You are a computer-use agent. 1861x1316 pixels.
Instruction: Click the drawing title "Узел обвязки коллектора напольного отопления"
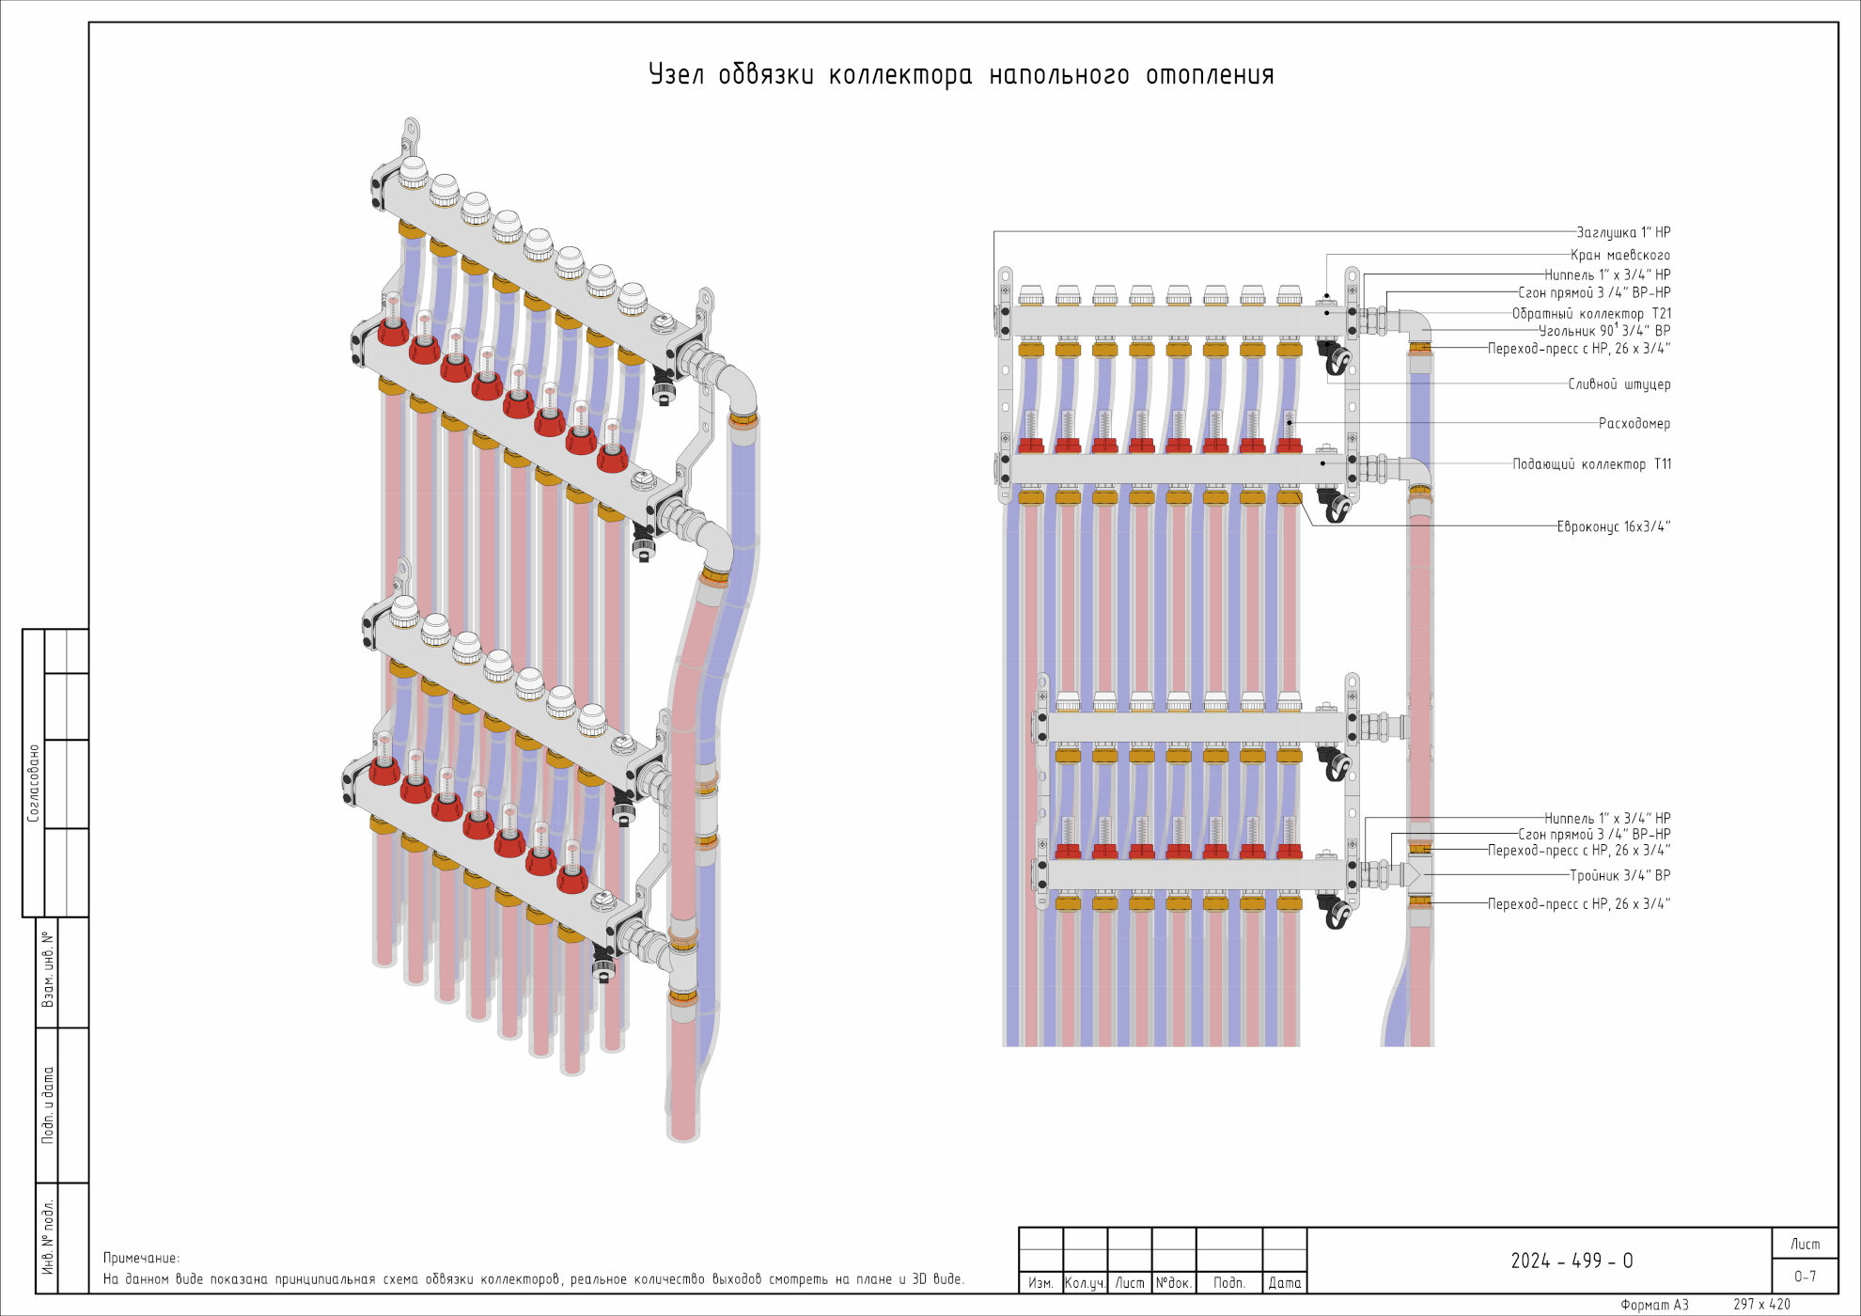pos(961,74)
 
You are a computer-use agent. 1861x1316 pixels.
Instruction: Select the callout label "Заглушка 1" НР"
pos(1623,232)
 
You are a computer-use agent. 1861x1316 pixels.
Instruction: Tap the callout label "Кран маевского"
pos(1620,255)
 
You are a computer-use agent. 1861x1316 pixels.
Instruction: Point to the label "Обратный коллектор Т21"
pos(1591,313)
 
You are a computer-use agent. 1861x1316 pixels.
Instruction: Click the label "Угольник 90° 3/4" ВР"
pos(1604,331)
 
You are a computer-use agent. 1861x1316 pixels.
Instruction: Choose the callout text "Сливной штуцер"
pos(1619,384)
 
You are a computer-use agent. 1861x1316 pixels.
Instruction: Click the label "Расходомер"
pos(1634,423)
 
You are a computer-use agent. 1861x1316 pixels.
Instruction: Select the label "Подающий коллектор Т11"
pos(1591,464)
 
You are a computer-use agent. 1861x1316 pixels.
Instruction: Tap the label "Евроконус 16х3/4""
pos(1613,526)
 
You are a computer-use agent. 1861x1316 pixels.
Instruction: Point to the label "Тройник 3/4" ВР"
pos(1619,875)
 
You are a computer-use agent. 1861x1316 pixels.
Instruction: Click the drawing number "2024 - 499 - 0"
pos(1572,1261)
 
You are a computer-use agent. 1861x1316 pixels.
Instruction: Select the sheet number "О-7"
pos(1805,1277)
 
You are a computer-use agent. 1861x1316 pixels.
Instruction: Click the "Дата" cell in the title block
pos(1284,1282)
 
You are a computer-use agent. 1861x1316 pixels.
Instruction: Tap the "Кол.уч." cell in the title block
pos(1085,1282)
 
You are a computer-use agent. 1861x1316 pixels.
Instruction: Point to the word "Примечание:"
pos(141,1258)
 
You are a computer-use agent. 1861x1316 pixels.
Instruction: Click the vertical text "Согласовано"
pos(34,783)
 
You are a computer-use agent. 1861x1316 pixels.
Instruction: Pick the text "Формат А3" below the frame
pos(1654,1305)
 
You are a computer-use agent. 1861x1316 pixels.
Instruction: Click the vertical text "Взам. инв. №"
pos(47,970)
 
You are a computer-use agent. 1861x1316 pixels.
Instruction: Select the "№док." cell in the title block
pos(1173,1282)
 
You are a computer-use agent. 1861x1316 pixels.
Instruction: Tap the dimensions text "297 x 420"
pos(1761,1305)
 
